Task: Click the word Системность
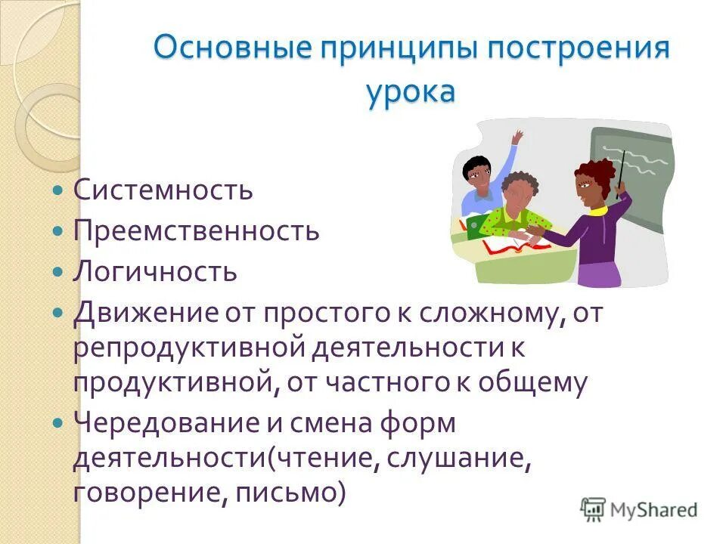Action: (x=163, y=190)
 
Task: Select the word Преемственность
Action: (x=196, y=231)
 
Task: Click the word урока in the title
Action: (x=411, y=92)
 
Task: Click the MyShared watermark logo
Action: (x=639, y=509)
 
